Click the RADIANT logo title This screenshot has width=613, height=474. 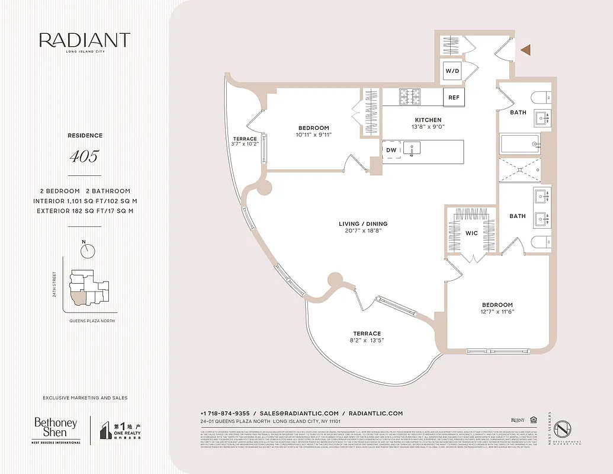[x=85, y=40]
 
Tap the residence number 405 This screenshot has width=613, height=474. [x=84, y=157]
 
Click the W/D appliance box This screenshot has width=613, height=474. [x=452, y=71]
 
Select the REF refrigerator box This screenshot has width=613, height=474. [x=454, y=97]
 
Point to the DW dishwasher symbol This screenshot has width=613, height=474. [x=391, y=150]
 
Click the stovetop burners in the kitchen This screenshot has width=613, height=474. [x=409, y=97]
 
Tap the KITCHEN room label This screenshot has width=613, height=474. [x=428, y=120]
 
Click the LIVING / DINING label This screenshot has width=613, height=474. [x=363, y=224]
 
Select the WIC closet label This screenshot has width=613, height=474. [x=471, y=233]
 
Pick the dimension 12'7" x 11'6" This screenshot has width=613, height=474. [x=497, y=312]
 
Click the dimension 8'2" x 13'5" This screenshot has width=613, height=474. [x=367, y=341]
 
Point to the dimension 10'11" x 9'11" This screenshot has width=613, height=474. [x=313, y=134]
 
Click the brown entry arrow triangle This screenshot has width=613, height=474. [x=525, y=50]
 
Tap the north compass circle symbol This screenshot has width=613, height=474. [x=89, y=251]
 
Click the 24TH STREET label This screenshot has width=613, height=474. [x=54, y=285]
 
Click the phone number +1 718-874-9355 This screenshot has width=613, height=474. [x=225, y=413]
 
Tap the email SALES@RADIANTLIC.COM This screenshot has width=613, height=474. [x=299, y=413]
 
